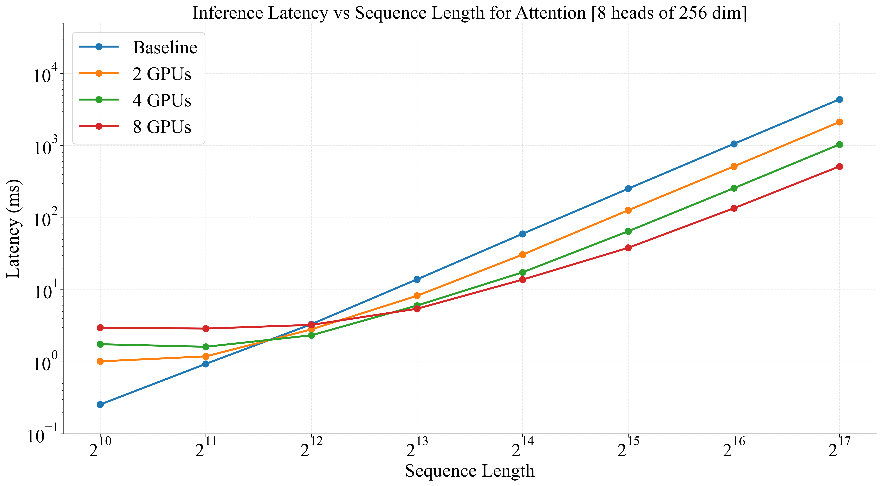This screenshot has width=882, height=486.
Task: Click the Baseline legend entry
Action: coord(165,48)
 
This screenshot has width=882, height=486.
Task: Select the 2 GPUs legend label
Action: coord(162,74)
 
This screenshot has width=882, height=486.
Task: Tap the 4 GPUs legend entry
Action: coord(162,100)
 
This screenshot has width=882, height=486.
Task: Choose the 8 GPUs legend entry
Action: coord(162,127)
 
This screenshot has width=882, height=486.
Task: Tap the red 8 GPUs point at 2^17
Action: coord(840,167)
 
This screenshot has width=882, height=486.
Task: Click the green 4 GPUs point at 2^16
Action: coord(734,188)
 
